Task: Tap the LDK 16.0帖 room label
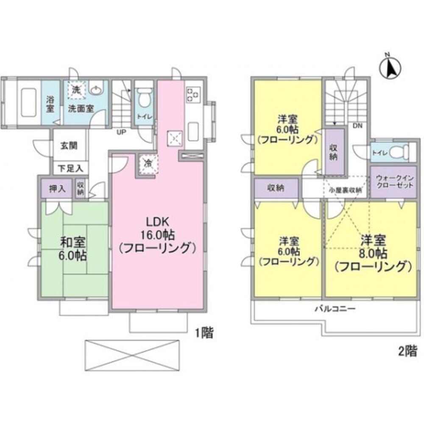click(x=158, y=235)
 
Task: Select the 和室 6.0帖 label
click(x=74, y=249)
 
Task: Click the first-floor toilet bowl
click(x=144, y=97)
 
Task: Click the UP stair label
click(x=121, y=132)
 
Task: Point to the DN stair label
click(x=357, y=126)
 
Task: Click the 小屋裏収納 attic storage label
click(x=346, y=190)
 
